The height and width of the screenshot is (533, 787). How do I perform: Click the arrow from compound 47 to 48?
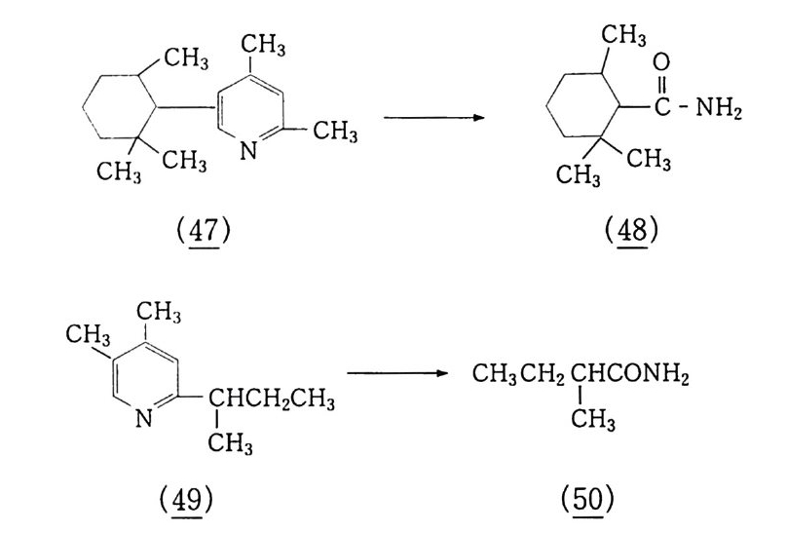pyautogui.click(x=434, y=118)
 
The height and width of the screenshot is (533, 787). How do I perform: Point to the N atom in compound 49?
pyautogui.click(x=144, y=420)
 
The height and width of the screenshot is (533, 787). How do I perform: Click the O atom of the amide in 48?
pyautogui.click(x=662, y=63)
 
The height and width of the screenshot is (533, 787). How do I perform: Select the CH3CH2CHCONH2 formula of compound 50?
pyautogui.click(x=581, y=374)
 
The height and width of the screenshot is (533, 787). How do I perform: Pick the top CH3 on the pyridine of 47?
pyautogui.click(x=262, y=44)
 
